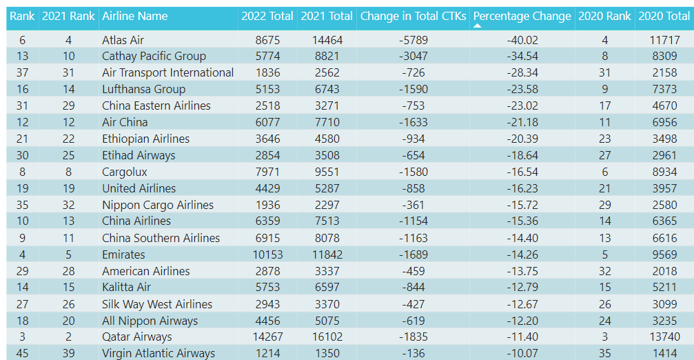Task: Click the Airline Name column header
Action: tap(134, 17)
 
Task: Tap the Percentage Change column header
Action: tap(522, 17)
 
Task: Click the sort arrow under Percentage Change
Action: tap(477, 26)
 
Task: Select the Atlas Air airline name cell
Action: tap(123, 40)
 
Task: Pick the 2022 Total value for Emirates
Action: tap(267, 254)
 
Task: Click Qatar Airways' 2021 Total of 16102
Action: tap(327, 337)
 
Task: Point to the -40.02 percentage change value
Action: tap(522, 40)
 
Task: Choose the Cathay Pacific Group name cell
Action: tap(154, 57)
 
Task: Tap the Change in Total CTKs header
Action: tap(413, 17)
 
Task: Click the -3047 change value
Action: tap(413, 57)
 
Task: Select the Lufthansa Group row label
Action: tap(143, 89)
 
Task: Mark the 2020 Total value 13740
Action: tap(664, 337)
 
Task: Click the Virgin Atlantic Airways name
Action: tap(159, 353)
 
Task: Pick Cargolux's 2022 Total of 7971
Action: tap(267, 172)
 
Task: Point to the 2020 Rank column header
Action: tap(604, 17)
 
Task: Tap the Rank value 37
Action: tap(22, 72)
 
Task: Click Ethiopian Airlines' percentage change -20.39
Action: tap(522, 139)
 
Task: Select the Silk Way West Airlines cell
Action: tap(157, 304)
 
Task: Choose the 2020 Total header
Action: tap(664, 17)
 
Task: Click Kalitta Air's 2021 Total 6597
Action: tap(327, 288)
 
